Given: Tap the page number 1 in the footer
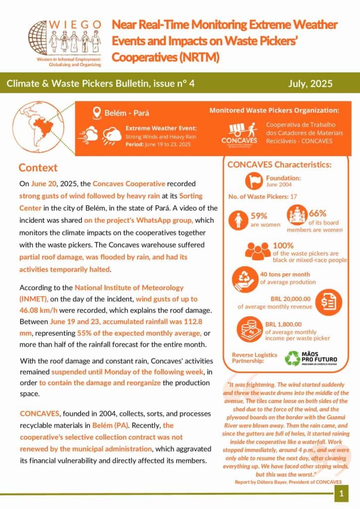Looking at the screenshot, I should pos(341,494).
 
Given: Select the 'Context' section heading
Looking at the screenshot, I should pos(38,168).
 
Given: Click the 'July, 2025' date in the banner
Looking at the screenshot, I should pos(310,84).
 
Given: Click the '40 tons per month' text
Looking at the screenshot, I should pos(284,274).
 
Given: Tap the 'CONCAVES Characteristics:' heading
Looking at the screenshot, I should pos(279,165).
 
